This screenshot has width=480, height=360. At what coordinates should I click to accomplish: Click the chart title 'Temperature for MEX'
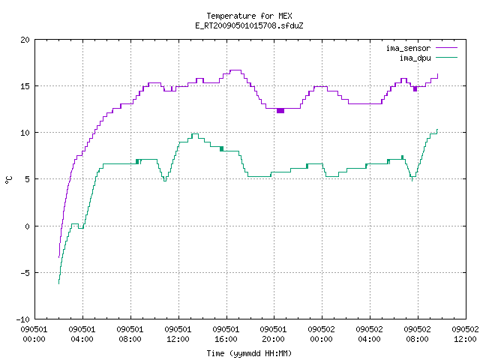click(x=249, y=16)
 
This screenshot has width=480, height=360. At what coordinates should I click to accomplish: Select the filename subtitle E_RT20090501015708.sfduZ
click(x=249, y=25)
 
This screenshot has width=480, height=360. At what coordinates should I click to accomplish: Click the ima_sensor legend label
click(x=408, y=48)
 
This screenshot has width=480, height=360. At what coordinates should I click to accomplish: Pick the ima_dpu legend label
click(x=415, y=58)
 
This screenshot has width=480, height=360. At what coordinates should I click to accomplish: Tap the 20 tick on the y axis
click(x=25, y=40)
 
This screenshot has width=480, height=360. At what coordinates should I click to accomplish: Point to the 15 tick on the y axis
click(x=25, y=86)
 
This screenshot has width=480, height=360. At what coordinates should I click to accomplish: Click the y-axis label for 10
click(x=25, y=133)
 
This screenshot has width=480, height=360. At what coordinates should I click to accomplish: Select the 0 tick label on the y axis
click(x=27, y=226)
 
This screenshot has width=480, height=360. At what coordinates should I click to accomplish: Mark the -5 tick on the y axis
click(x=23, y=273)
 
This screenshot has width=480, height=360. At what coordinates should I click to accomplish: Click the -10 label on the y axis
click(x=23, y=319)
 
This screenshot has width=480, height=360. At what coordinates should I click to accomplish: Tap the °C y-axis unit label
click(x=9, y=180)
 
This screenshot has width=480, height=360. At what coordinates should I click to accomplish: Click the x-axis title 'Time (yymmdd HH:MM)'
click(x=249, y=353)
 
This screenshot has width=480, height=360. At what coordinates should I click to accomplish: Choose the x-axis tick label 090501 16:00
click(x=226, y=334)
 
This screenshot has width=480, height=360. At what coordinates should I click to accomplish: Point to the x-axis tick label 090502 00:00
click(x=322, y=334)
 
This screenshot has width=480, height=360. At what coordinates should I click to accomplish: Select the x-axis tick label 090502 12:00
click(x=465, y=334)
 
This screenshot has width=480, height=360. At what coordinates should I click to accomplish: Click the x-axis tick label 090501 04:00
click(x=82, y=334)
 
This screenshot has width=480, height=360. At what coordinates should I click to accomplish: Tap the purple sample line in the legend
click(x=447, y=48)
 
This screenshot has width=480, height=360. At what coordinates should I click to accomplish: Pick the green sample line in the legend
click(x=447, y=57)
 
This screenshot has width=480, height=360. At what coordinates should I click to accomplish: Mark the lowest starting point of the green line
click(x=58, y=283)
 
